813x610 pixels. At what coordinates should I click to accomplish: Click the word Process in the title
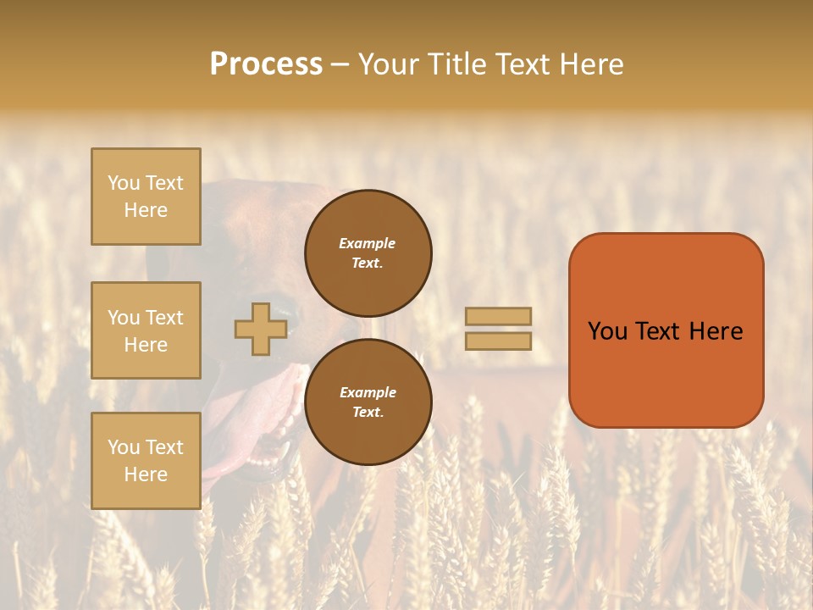coord(266,64)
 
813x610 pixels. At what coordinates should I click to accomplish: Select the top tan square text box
coord(146,197)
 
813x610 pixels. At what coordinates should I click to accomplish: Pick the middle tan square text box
coord(146,330)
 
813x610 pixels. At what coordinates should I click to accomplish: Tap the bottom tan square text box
coord(146,461)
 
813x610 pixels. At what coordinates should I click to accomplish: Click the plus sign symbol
coord(261,329)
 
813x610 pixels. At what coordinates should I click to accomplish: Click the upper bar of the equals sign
coord(498,317)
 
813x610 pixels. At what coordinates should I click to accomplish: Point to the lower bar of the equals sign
coord(498,341)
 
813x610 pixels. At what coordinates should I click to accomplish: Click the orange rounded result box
coord(666,373)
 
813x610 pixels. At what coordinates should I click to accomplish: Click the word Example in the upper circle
coord(367,243)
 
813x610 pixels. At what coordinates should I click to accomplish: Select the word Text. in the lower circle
coord(367,412)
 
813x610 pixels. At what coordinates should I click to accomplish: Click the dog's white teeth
coord(279,449)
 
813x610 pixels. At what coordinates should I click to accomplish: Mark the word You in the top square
coord(124,183)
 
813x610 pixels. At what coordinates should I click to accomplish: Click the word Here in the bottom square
coord(146,474)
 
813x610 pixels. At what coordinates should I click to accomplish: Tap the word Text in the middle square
coord(164,318)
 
